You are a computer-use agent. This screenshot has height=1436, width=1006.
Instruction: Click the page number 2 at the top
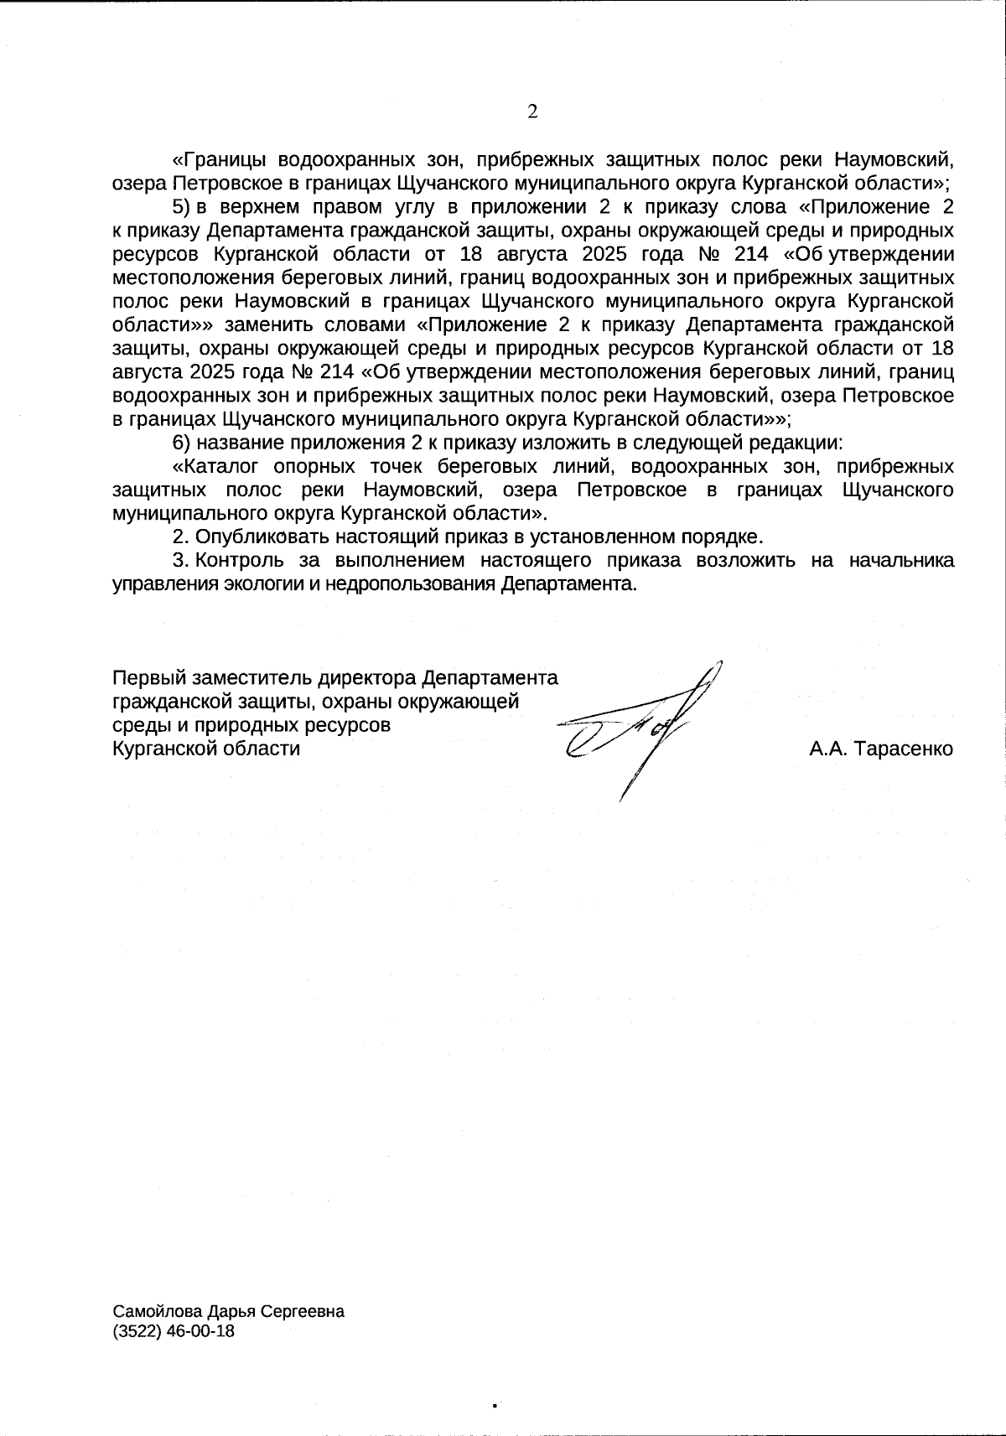point(532,113)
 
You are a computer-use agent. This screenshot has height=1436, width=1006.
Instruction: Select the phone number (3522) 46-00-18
point(174,1331)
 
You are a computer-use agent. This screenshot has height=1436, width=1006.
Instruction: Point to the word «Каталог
point(207,466)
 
